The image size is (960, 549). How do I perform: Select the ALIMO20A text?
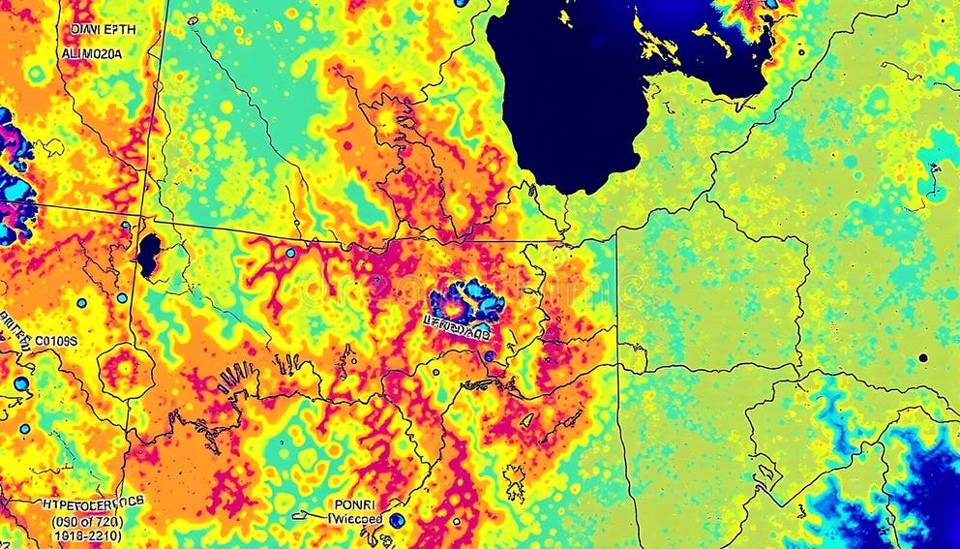pos(92,54)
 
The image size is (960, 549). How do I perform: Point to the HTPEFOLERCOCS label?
pos(93,503)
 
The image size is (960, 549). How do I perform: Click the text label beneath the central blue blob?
pos(457,331)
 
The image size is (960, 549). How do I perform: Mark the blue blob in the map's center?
pos(467,301)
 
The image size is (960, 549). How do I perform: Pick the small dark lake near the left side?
pos(148,256)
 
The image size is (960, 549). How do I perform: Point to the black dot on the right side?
pos(923,357)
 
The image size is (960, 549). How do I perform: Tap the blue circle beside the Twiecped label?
pos(397,521)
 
